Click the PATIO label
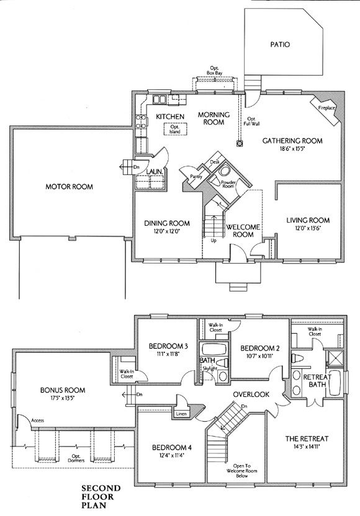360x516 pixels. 281,44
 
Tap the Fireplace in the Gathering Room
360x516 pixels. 326,109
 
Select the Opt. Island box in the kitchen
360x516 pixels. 175,128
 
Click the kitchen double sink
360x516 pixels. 160,99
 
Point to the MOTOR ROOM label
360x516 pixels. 69,187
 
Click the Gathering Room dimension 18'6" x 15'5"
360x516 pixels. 292,148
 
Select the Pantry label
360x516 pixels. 196,177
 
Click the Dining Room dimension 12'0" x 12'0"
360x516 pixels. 167,231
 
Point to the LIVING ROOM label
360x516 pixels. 308,220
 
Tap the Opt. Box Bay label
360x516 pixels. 214,70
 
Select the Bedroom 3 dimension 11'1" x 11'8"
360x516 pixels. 168,354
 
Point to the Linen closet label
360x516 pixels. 181,414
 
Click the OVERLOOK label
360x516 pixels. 251,394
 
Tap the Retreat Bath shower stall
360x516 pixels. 335,358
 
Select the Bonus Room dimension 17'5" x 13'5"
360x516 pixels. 63,398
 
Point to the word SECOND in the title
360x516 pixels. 101,488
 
